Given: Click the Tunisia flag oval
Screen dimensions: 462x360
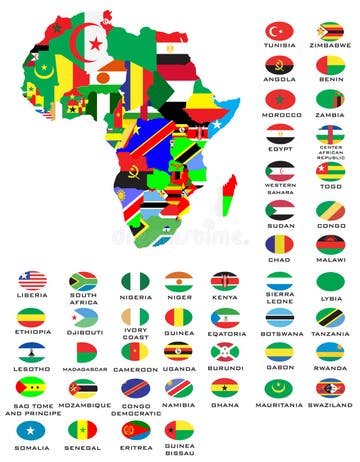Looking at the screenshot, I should pos(280,31).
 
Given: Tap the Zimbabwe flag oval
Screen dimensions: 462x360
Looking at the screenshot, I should pos(330,31).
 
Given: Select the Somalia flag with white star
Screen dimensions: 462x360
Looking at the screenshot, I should pos(31,429).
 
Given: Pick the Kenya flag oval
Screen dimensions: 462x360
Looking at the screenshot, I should pos(224,281).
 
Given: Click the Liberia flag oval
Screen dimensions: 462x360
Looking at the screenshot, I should pos(31,281).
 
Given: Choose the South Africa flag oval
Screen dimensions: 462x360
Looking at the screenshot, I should pos(83,281).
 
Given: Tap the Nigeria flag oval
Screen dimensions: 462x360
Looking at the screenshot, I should pos(134,281).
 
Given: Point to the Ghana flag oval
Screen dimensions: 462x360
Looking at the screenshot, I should pos(224,387).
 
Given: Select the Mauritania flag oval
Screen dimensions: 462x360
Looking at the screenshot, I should pos(280,387).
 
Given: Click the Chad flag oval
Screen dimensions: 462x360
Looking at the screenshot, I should pos(280,243).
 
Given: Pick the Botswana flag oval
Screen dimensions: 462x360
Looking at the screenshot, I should pos(280,317).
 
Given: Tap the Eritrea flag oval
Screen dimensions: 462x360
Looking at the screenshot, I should pos(134,429).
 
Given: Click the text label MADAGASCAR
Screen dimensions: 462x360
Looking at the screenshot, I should pos(83,369).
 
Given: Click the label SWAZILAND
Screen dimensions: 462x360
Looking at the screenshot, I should pos(330,407).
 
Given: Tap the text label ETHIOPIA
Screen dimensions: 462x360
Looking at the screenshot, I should pos(31,335).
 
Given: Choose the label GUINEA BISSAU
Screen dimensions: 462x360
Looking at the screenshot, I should pos(179,451).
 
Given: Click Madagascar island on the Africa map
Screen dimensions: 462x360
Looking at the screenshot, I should pos(229,194).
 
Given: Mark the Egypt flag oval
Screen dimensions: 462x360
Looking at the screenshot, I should pos(280,133).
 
